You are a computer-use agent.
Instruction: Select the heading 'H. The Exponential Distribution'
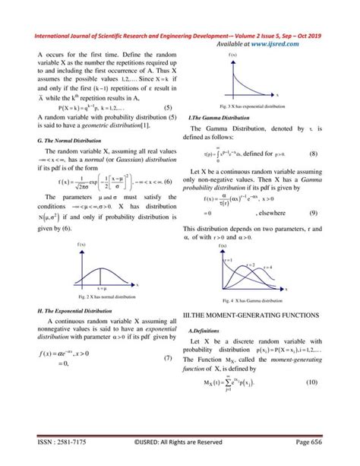click(x=74, y=311)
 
